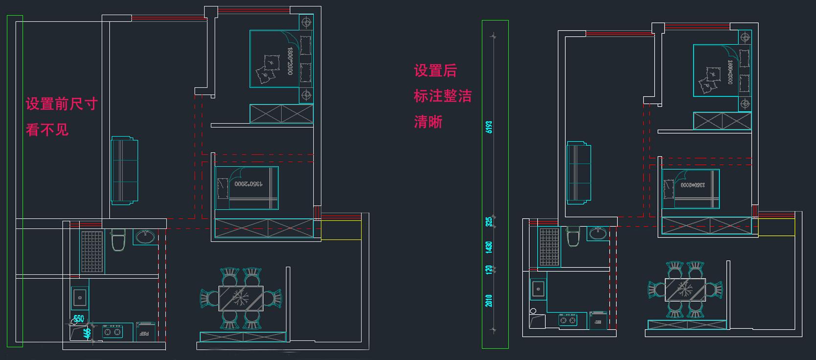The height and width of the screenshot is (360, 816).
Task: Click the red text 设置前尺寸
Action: point(62,104)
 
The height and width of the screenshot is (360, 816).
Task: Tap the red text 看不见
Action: point(47,130)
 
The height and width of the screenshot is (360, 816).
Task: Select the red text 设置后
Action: point(435,71)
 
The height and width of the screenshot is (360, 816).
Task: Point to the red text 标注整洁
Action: point(442,96)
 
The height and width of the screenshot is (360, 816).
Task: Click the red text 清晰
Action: point(428,122)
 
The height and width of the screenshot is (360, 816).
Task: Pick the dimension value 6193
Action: point(489,127)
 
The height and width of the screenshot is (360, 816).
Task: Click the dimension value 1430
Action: point(489,247)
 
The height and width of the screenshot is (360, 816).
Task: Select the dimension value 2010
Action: point(489,300)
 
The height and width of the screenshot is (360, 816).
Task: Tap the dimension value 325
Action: point(489,222)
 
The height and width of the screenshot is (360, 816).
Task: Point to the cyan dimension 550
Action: point(79,319)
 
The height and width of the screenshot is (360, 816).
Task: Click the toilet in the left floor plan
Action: point(118,240)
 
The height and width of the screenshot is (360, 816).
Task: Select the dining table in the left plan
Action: point(241,298)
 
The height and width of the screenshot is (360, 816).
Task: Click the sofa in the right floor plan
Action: point(579,173)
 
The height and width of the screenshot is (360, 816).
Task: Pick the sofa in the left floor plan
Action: point(124,170)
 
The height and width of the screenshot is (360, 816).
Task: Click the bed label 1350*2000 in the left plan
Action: point(249,184)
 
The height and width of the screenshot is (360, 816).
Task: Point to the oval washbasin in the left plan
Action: point(145,237)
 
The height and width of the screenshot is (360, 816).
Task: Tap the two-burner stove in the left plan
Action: point(112,332)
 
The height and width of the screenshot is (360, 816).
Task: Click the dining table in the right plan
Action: point(684,290)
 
